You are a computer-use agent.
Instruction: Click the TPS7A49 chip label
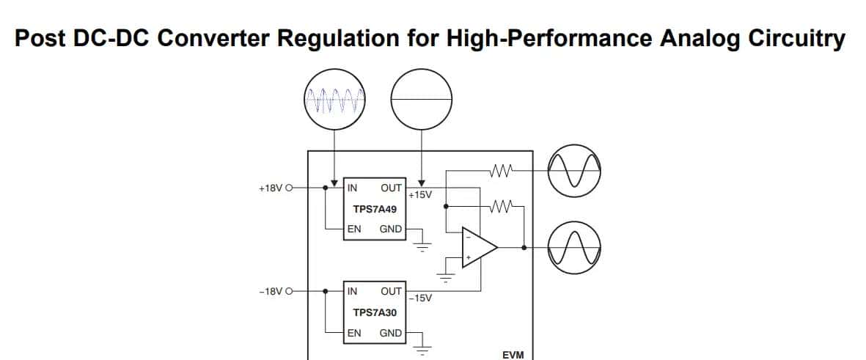[x=375, y=208]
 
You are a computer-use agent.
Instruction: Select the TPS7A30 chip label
[x=375, y=312]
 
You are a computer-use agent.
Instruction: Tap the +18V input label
[x=270, y=188]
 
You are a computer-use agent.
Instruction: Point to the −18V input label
[x=270, y=292]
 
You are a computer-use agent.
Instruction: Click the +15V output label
[x=420, y=194]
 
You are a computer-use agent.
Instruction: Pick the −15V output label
[x=420, y=298]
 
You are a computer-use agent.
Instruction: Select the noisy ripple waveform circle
[x=334, y=100]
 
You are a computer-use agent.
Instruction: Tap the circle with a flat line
[x=422, y=100]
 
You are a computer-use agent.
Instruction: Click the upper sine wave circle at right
[x=575, y=168]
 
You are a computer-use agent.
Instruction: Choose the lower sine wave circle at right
[x=575, y=247]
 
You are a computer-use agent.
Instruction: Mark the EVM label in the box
[x=513, y=355]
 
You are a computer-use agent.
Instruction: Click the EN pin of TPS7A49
[x=354, y=229]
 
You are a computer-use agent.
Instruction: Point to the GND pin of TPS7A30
[x=390, y=333]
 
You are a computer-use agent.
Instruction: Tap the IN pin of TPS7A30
[x=352, y=291]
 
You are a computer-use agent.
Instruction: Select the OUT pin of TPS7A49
[x=391, y=188]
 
